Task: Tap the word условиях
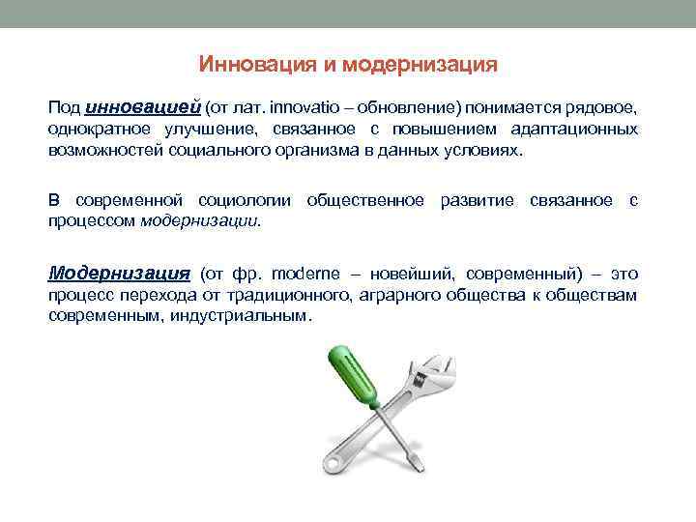pyautogui.click(x=488, y=151)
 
